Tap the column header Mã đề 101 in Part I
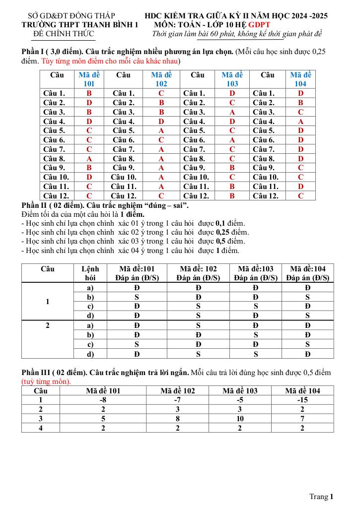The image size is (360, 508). point(89,79)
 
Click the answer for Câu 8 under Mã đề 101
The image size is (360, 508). point(89,159)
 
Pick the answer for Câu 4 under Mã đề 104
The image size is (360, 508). point(300,122)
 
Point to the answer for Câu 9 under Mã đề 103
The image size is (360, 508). point(232,168)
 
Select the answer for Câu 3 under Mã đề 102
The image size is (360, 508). point(161,112)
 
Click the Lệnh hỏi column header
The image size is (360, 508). point(90,273)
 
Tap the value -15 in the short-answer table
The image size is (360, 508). point(302,400)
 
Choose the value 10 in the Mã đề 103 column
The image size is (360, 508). point(240,419)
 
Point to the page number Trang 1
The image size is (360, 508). point(321,497)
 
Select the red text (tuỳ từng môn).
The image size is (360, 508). point(46,381)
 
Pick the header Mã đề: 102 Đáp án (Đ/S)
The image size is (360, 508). point(198,273)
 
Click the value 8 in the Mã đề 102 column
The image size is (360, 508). point(177,419)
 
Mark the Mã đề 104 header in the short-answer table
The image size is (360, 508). point(302,390)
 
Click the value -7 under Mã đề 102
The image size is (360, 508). point(177,400)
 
